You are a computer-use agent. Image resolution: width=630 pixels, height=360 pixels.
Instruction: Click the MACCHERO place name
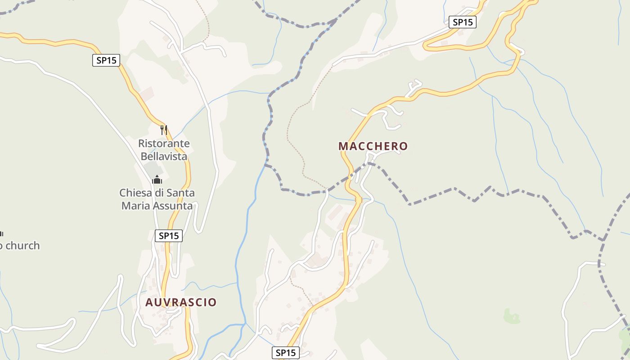pyautogui.click(x=373, y=146)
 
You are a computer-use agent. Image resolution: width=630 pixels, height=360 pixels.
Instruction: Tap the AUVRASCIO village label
pyautogui.click(x=181, y=302)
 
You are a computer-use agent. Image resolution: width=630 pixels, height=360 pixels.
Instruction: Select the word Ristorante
pyautogui.click(x=164, y=144)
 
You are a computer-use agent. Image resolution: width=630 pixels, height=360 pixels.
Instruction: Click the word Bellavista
pyautogui.click(x=164, y=156)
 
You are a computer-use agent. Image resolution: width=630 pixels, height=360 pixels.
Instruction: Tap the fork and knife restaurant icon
pyautogui.click(x=164, y=130)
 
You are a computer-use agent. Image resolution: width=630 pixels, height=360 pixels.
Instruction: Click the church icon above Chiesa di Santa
pyautogui.click(x=157, y=180)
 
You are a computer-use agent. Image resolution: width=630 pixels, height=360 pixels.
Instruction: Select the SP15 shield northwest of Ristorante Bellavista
pyautogui.click(x=106, y=60)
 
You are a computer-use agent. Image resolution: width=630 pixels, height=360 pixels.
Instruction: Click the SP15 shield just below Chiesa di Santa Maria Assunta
pyautogui.click(x=169, y=235)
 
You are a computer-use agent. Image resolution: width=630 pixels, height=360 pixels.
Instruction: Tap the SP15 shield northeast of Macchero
pyautogui.click(x=462, y=22)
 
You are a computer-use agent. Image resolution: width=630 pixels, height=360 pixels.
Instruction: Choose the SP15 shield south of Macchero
pyautogui.click(x=286, y=353)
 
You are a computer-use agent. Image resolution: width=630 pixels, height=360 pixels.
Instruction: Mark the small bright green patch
pyautogui.click(x=512, y=316)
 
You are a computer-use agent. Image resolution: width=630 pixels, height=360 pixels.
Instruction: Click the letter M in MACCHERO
pyautogui.click(x=343, y=146)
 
